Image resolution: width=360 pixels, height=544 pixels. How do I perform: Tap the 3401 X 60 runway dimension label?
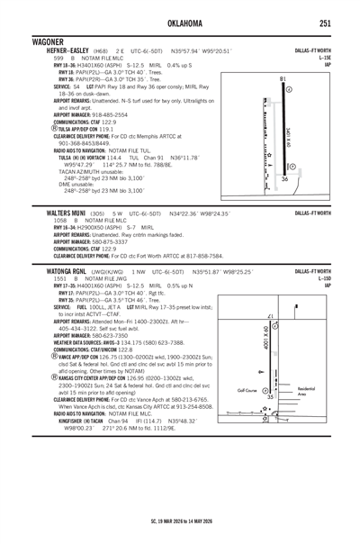[288, 136]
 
